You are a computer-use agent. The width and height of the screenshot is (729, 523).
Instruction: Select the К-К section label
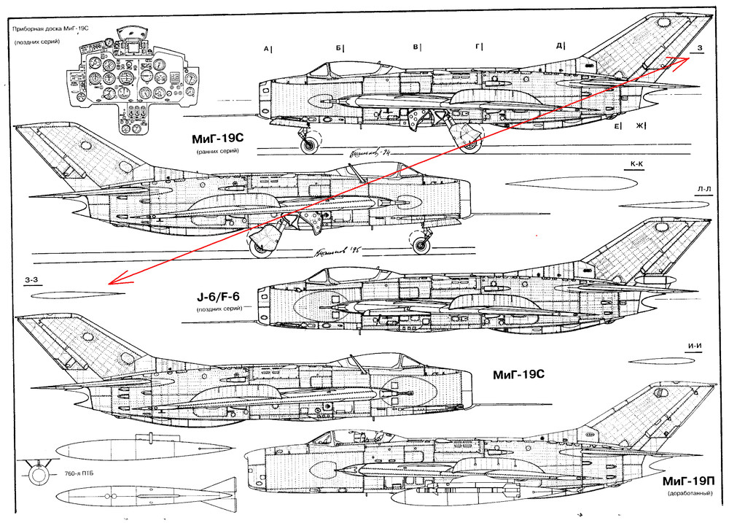[x=636, y=165]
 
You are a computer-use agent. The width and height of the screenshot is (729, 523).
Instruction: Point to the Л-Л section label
[x=703, y=189]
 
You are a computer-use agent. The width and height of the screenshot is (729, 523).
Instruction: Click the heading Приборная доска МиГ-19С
[x=51, y=31]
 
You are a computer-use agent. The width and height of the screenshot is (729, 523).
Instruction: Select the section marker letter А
[x=268, y=49]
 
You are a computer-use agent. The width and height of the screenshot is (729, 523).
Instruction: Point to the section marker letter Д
[x=560, y=46]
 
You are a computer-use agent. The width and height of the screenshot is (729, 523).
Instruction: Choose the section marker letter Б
[x=340, y=49]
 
